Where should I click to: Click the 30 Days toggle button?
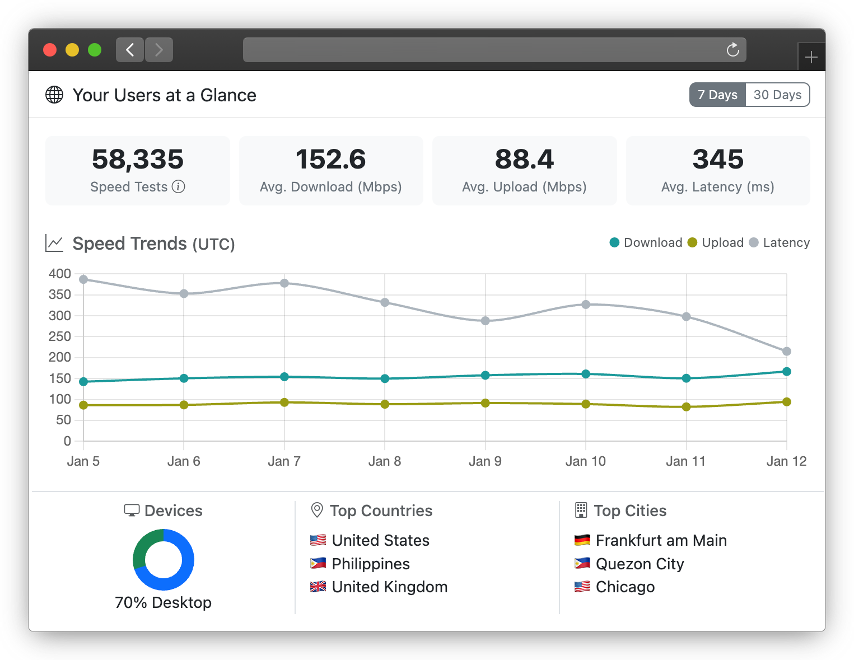[777, 95]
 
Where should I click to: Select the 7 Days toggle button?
[717, 95]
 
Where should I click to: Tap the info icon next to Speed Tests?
[178, 187]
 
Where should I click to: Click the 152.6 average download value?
[330, 160]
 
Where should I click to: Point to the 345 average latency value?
[718, 160]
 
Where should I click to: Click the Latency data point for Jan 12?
[786, 352]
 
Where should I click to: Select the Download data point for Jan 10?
[586, 374]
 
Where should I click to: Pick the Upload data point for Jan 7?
[284, 402]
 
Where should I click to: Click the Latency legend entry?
[780, 242]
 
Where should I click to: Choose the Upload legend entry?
[716, 242]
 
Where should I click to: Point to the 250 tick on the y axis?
[60, 336]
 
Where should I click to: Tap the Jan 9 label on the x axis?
[485, 461]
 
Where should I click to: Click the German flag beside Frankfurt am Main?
[582, 540]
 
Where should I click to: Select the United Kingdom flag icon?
[318, 587]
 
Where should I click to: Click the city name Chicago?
[625, 587]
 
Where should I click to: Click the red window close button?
[50, 50]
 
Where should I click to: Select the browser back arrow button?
[130, 50]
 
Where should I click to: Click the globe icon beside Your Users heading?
[54, 95]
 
